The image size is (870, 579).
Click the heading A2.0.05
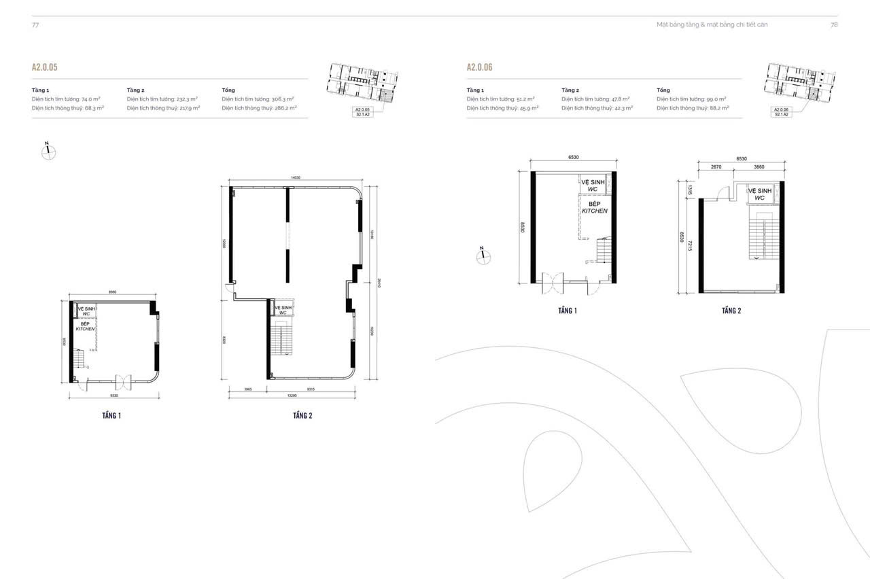[43, 68]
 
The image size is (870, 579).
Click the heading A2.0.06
[479, 68]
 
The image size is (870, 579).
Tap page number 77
[35, 24]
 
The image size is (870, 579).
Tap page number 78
[834, 24]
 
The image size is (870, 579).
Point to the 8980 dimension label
[113, 292]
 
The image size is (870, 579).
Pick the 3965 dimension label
[247, 389]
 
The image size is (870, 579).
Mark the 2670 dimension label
[715, 166]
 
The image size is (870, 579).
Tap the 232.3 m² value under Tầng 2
[186, 99]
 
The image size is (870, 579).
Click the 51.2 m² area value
[525, 99]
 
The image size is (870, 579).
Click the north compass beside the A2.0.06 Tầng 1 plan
[483, 255]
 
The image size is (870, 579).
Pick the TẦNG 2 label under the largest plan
[302, 415]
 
